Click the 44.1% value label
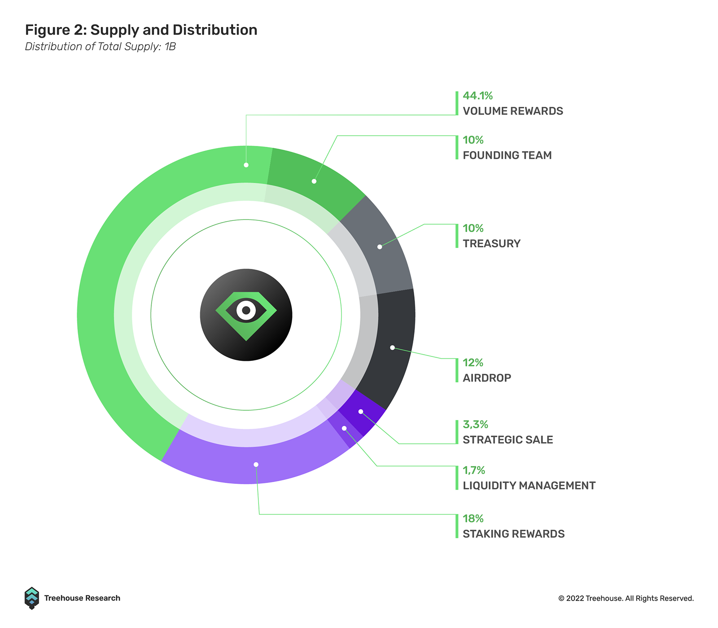(x=477, y=96)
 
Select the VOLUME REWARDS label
(x=513, y=111)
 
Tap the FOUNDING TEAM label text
(x=507, y=155)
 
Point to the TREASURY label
(x=491, y=244)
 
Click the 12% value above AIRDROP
(x=473, y=363)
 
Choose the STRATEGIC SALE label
(x=508, y=440)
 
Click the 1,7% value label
(x=474, y=470)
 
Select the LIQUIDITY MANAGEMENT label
(x=529, y=486)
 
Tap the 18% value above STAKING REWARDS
(x=473, y=519)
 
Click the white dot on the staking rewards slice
(x=256, y=465)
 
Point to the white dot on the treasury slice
(x=380, y=247)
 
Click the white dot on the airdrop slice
(x=392, y=347)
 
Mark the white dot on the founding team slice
(x=314, y=181)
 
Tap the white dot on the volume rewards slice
(x=246, y=165)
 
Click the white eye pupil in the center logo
(x=246, y=310)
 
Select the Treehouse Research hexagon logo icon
(x=32, y=598)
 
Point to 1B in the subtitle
(x=170, y=47)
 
